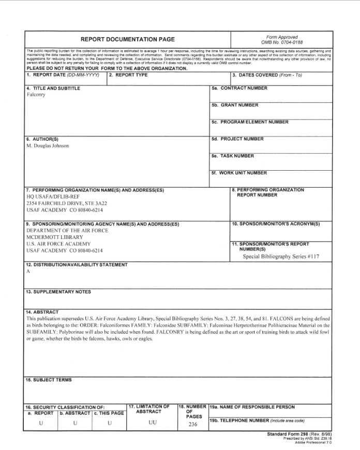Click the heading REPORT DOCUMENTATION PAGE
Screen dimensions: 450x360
(x=127, y=39)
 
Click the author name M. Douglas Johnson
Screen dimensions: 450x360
(x=48, y=146)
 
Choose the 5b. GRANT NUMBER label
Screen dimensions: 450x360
(x=235, y=106)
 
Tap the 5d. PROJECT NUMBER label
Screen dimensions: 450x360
(x=237, y=139)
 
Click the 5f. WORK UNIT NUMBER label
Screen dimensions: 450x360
(x=239, y=173)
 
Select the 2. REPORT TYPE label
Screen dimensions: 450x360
(x=128, y=75)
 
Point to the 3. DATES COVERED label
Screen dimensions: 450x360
(x=267, y=75)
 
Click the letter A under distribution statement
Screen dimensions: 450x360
(x=28, y=271)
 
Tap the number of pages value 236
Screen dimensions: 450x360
(x=192, y=425)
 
